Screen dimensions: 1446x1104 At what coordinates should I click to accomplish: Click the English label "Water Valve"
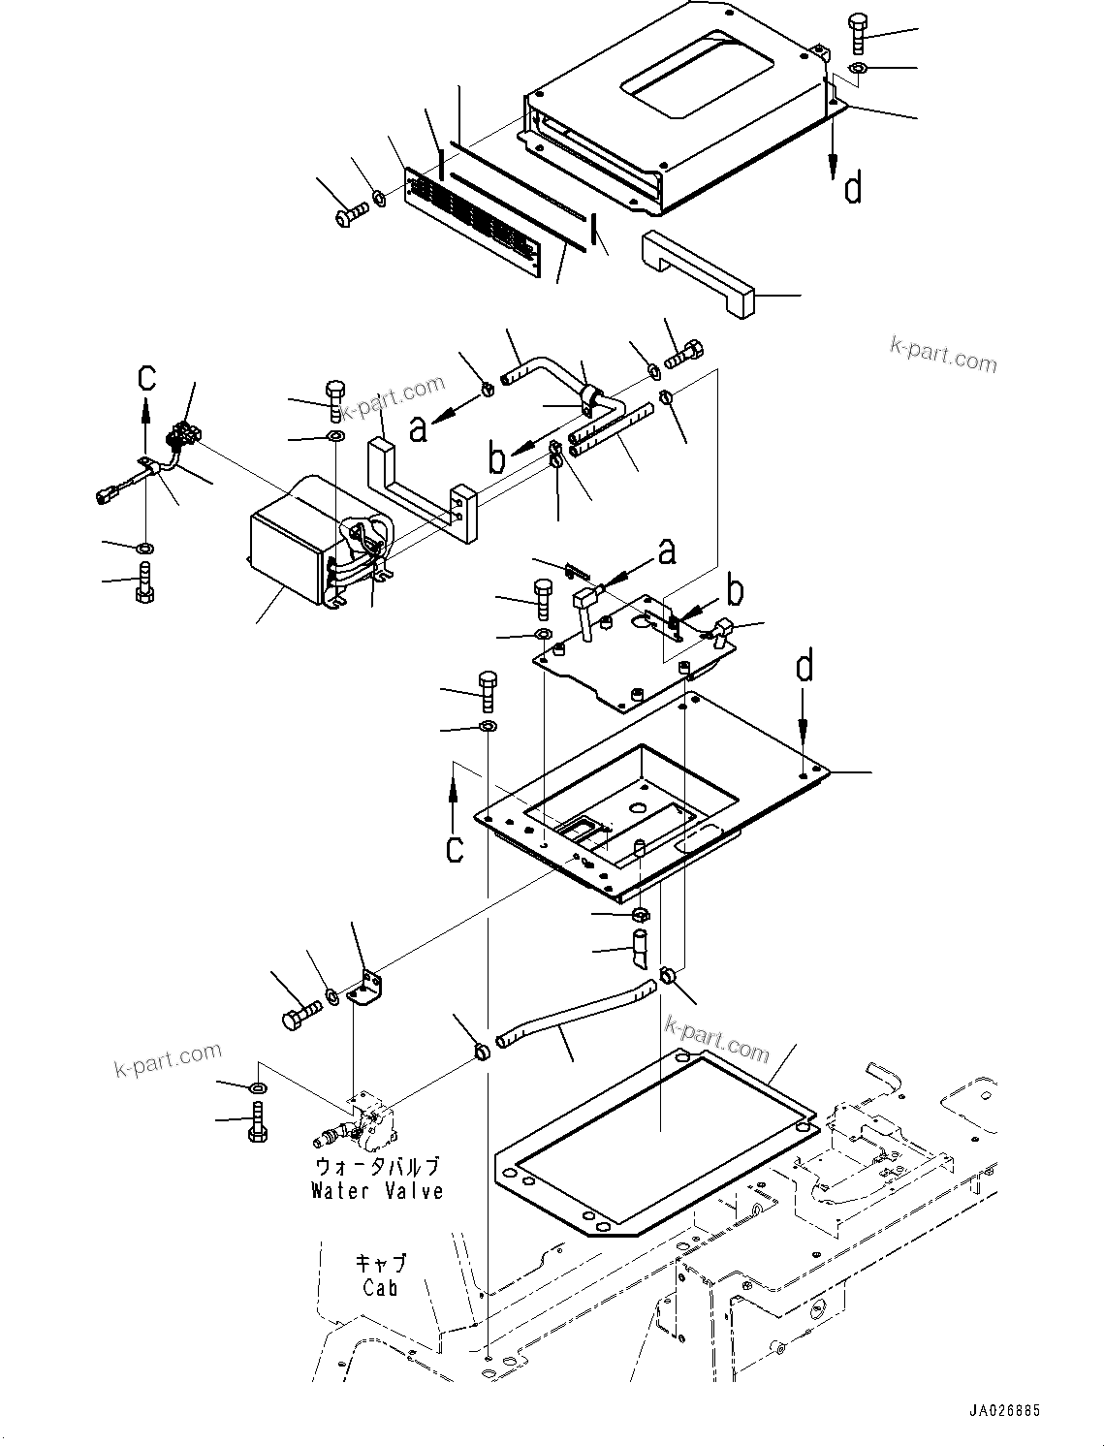377,1191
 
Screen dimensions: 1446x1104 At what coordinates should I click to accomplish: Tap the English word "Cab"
380,1288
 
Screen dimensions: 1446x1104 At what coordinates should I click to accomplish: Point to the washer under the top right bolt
859,68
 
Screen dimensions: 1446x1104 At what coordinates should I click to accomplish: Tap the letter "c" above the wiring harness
145,376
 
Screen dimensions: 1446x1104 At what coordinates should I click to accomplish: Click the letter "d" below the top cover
852,188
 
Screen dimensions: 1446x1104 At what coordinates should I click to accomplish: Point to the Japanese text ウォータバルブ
377,1167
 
